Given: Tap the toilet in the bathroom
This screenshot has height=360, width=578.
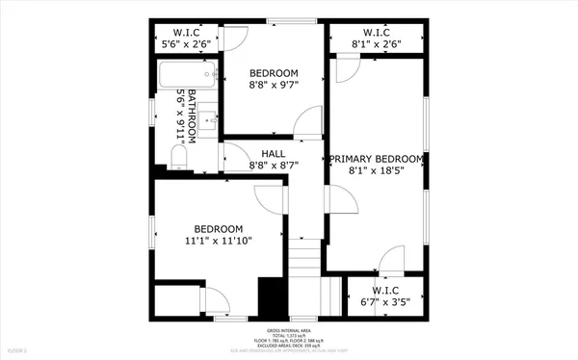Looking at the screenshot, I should coord(179,155).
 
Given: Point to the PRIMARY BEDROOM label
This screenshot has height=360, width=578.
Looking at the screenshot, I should coord(377,159).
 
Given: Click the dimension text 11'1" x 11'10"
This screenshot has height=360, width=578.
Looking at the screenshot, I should coord(218,241).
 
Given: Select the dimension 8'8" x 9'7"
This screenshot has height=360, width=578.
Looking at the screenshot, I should coord(274,85).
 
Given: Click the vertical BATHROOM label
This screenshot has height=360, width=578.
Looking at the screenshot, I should coord(191,117).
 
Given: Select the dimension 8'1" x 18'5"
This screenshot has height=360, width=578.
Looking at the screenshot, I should coord(377,171).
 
